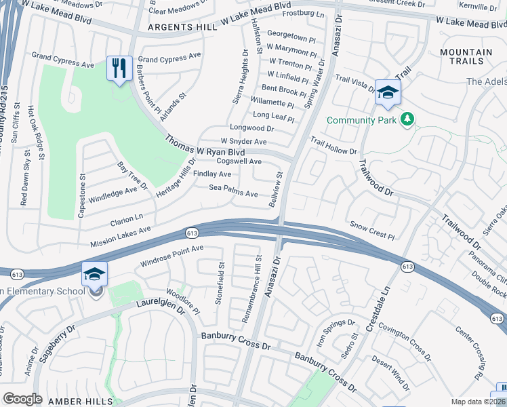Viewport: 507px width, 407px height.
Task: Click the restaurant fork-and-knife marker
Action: pyautogui.click(x=119, y=68)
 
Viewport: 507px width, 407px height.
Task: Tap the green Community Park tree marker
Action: pyautogui.click(x=407, y=120)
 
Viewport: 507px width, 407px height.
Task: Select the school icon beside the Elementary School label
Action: pyautogui.click(x=95, y=275)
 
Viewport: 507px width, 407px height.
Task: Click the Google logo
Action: pyautogui.click(x=22, y=399)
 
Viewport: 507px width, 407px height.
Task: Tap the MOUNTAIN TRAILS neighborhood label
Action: pyautogui.click(x=466, y=57)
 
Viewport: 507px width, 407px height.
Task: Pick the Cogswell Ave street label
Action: pyautogui.click(x=239, y=161)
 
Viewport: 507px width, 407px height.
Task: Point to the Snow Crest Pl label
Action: pyautogui.click(x=372, y=229)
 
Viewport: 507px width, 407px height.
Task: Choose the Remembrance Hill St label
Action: pyautogui.click(x=251, y=288)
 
